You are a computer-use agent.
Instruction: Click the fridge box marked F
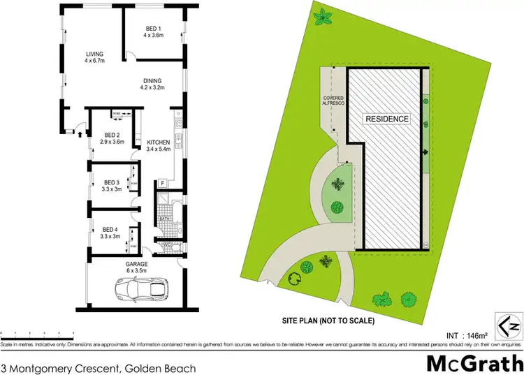tap(162, 184)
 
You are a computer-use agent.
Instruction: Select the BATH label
tap(164, 218)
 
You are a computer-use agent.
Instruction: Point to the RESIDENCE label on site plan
tap(387, 119)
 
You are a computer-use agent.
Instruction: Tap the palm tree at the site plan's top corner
tap(324, 15)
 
